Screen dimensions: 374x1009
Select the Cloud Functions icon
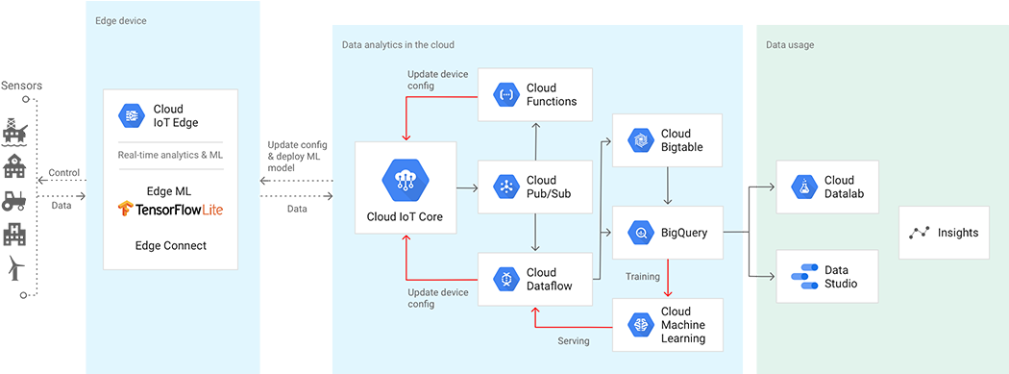pyautogui.click(x=506, y=94)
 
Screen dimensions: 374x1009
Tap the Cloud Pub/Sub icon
pyautogui.click(x=506, y=187)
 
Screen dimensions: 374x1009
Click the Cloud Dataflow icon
pyautogui.click(x=506, y=279)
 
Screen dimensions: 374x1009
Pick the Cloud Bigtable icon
pyautogui.click(x=640, y=140)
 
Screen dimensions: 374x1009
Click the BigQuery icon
pyautogui.click(x=640, y=232)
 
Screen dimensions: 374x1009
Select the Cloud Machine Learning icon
pyautogui.click(x=640, y=325)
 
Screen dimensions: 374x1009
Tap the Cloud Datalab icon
pyautogui.click(x=803, y=187)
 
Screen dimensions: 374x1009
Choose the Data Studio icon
pyautogui.click(x=803, y=277)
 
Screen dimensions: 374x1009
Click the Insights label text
pyautogui.click(x=959, y=233)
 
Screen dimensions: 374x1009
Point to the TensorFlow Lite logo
pyautogui.click(x=170, y=209)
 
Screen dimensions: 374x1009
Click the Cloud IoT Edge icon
pyautogui.click(x=131, y=115)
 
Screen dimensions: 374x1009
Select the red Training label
pyautogui.click(x=643, y=277)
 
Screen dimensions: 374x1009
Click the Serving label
pyautogui.click(x=574, y=341)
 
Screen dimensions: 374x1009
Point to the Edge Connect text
pyautogui.click(x=170, y=245)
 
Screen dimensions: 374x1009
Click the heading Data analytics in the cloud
pyautogui.click(x=398, y=45)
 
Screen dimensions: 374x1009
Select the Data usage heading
pyautogui.click(x=789, y=45)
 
